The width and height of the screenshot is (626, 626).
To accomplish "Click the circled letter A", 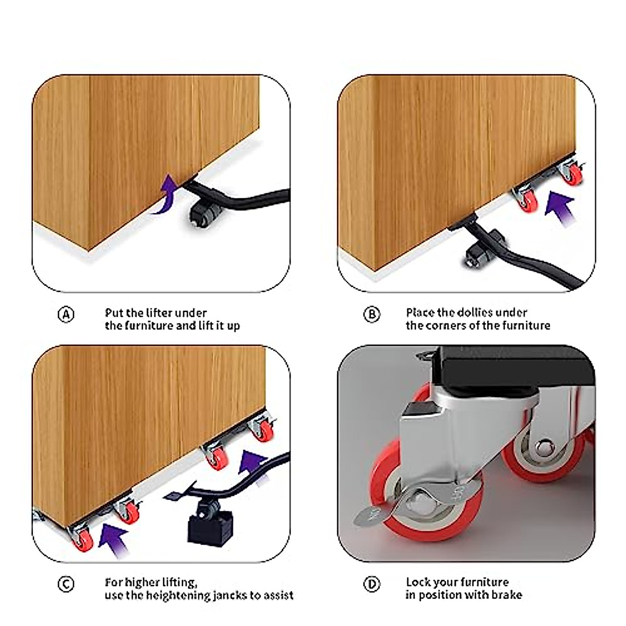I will (66, 315).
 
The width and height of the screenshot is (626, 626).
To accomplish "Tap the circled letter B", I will (371, 315).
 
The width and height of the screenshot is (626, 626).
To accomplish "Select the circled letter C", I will (66, 584).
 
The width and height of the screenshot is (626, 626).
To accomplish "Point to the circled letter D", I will (371, 584).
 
